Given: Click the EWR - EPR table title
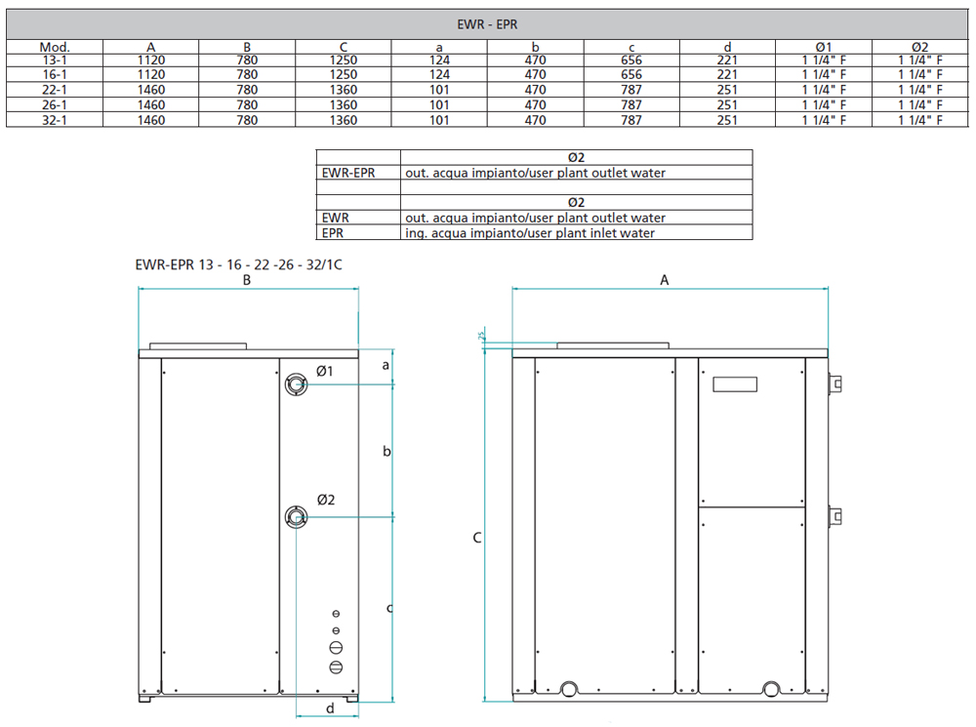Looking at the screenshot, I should click(x=487, y=24).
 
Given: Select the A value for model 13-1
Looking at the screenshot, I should click(x=150, y=60).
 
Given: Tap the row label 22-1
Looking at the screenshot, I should click(x=55, y=90).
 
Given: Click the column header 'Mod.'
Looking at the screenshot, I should click(x=55, y=46).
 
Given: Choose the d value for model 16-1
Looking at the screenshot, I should click(x=727, y=74).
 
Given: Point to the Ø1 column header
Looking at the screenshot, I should click(x=823, y=46).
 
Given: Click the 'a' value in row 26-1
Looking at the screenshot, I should click(x=439, y=104).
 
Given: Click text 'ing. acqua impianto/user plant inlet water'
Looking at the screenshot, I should click(x=530, y=233).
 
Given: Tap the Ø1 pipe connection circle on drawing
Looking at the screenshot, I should click(x=295, y=385).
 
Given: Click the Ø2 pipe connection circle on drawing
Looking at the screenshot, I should click(x=295, y=517).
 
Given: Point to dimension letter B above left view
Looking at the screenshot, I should click(x=248, y=279).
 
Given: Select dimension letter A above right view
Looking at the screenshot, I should click(x=665, y=279).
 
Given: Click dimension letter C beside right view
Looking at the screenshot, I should click(x=476, y=537).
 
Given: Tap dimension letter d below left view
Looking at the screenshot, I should click(x=330, y=708).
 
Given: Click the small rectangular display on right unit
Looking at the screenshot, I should click(x=735, y=384).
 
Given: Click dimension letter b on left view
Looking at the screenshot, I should click(x=386, y=451).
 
